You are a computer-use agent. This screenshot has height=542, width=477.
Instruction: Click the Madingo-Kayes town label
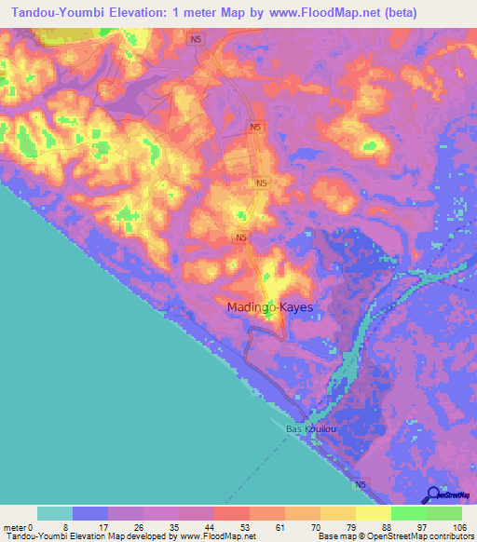pos(269,305)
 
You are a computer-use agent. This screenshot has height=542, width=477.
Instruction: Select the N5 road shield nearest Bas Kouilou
pos(361,484)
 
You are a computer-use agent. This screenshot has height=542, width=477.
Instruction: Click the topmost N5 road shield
pos(195,39)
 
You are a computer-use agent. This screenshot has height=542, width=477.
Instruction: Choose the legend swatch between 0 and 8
pos(55,513)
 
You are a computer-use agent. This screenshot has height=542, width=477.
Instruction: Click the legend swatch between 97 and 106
pos(444,513)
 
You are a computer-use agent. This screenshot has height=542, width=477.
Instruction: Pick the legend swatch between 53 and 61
pos(232,513)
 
